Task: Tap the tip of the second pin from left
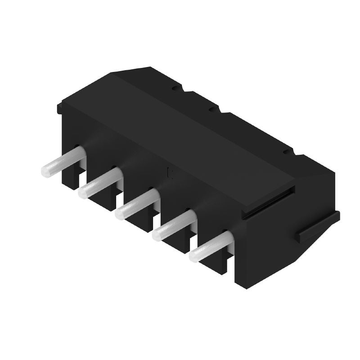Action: (83, 193)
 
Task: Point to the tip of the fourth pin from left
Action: (157, 234)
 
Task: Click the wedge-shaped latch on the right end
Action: (317, 227)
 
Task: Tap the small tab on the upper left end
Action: (59, 108)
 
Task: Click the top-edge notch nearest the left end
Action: (174, 89)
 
